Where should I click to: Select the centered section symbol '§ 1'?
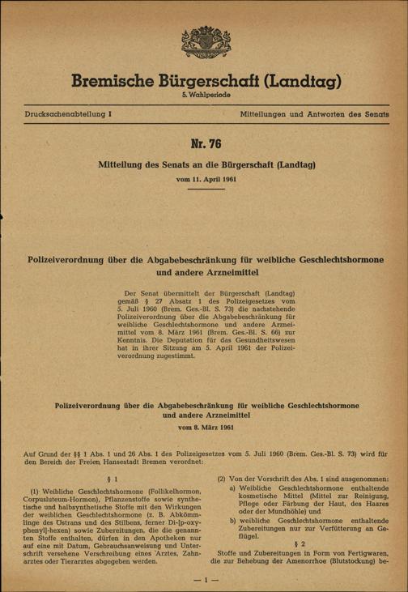pos(103,479)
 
